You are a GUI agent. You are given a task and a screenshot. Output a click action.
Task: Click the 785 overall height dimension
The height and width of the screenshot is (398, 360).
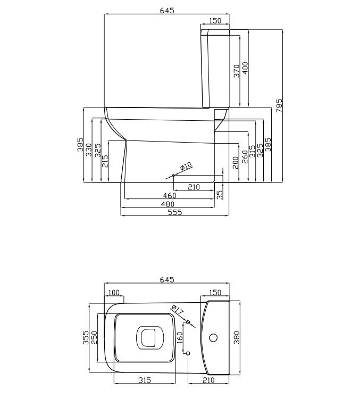coord(279,105)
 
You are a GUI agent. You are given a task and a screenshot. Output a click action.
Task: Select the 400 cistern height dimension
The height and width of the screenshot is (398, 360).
coord(245,68)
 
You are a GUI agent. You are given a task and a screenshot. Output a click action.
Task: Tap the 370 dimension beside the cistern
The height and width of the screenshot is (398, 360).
coord(237,71)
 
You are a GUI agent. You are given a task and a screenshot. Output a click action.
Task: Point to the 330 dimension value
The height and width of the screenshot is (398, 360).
coord(88,150)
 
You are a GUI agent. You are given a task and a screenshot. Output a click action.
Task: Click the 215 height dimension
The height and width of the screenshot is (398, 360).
coord(105,161)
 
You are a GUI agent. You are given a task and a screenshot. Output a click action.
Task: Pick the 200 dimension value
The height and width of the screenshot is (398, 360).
coord(236,163)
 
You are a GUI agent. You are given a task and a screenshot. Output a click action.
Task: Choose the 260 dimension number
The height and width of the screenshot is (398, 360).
coord(244,157)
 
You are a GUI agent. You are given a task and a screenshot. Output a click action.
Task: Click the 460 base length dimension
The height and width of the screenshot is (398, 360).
coord(170,195)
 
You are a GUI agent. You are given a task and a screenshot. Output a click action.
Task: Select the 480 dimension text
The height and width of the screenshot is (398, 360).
coord(168,204)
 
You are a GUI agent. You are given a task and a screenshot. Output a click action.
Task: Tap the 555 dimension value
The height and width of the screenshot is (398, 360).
coord(175,212)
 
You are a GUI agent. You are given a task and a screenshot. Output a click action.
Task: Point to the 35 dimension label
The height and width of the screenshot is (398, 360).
coord(220,194)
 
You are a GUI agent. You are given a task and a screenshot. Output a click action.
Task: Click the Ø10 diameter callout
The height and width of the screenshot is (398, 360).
coord(186,166)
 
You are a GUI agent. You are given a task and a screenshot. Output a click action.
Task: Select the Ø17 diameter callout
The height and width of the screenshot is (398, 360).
coord(178,310)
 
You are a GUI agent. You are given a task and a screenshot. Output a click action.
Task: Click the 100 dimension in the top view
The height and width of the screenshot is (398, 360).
coord(114,293)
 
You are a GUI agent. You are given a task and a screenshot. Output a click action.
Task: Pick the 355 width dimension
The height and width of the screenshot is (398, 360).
coord(86,337)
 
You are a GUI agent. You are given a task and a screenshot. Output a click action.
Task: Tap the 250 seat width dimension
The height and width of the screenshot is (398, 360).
coord(94,337)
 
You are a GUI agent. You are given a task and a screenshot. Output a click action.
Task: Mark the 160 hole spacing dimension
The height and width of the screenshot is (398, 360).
coord(179,338)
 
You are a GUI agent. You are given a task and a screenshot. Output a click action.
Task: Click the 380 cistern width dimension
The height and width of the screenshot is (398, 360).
coord(237,337)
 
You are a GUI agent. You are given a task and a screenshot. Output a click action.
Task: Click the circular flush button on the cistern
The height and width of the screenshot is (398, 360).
coord(213,338)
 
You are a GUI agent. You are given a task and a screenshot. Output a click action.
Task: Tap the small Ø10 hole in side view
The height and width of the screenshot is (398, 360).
coord(173,176)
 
